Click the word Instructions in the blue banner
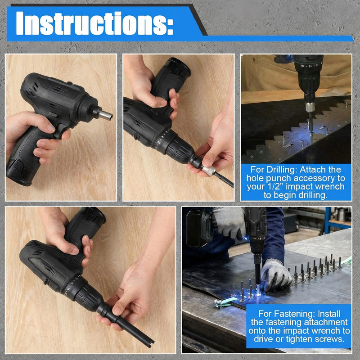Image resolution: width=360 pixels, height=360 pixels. [x=91, y=23]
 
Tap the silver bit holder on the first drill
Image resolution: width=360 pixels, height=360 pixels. [x=106, y=115]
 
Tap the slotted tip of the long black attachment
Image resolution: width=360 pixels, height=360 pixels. [x=149, y=344]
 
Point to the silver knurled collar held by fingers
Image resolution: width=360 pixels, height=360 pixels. [x=209, y=171]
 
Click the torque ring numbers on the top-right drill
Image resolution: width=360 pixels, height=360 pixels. [x=309, y=65]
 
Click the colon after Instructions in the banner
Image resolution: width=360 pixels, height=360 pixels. [x=170, y=27]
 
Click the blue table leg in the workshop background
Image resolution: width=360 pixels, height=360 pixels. [x=327, y=220]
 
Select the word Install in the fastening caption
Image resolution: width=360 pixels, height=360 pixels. [x=329, y=314]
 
